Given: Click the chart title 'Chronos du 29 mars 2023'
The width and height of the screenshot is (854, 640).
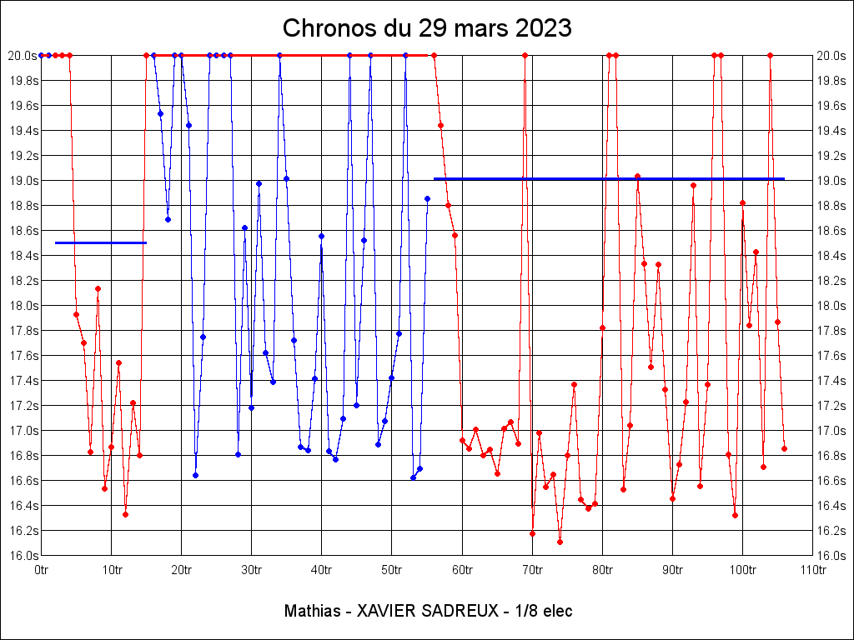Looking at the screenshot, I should [x=427, y=27].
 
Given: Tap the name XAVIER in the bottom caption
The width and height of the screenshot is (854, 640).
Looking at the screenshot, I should [x=386, y=611].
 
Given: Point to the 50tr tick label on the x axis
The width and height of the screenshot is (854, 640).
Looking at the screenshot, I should [x=392, y=571].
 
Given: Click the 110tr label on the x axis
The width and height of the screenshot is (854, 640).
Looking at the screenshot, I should [x=812, y=571].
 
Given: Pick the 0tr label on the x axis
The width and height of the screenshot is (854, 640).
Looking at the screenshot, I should [x=42, y=571].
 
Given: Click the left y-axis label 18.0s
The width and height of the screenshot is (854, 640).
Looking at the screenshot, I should [x=23, y=306].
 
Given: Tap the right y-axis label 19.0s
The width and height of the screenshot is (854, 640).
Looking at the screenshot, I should [x=831, y=181].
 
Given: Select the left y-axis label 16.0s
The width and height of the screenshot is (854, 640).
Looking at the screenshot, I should [x=23, y=556].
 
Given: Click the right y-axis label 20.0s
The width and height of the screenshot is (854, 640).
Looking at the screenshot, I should [x=831, y=56].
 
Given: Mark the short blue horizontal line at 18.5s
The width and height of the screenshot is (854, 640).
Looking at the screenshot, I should [x=100, y=242].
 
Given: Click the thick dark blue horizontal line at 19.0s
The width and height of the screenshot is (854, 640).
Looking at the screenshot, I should [x=609, y=178].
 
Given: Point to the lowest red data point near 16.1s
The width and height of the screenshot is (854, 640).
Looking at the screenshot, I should [x=560, y=542].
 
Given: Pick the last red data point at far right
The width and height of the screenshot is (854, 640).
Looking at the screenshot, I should [x=784, y=448].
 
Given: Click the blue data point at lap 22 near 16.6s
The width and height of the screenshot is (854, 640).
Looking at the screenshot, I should [x=195, y=475].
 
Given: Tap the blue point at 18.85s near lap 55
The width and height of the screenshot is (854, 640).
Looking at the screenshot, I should [x=427, y=198].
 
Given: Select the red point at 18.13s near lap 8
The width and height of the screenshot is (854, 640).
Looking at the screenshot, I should [x=98, y=288].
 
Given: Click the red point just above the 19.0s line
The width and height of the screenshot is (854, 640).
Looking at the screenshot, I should [x=637, y=176].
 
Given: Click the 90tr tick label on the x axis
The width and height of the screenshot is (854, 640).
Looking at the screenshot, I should [x=673, y=571].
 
